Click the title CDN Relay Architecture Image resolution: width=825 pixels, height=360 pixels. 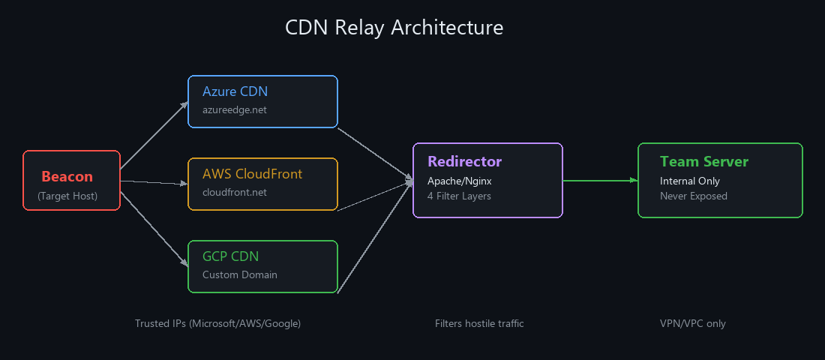coord(394,28)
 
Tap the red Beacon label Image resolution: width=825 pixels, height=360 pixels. coord(67,177)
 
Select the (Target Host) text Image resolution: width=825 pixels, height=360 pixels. coord(67,196)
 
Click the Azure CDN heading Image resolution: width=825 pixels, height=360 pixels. coord(235,91)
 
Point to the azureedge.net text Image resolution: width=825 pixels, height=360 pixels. coord(234,109)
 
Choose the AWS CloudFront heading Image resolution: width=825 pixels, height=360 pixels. coord(252,174)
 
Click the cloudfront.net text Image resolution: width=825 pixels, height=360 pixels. coord(234,192)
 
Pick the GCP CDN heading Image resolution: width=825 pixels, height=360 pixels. coord(230,256)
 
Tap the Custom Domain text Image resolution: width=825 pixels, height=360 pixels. coord(239,274)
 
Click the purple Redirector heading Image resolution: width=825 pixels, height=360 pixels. coord(464,161)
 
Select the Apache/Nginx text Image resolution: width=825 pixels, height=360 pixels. coord(459,181)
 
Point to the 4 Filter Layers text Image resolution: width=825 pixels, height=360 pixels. coord(459,196)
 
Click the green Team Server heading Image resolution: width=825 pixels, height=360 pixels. coord(703,161)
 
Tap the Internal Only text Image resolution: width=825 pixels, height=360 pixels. coord(689,181)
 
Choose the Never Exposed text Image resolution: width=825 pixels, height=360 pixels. coord(693,196)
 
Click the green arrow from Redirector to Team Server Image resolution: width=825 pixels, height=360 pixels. coord(600,180)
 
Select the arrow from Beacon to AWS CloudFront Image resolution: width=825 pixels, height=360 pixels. coord(154,182)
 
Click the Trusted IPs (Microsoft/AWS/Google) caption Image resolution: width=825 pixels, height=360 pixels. coord(217,323)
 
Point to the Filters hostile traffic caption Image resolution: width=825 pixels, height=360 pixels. coord(478,323)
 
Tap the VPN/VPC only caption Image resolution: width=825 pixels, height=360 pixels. coord(692,323)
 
